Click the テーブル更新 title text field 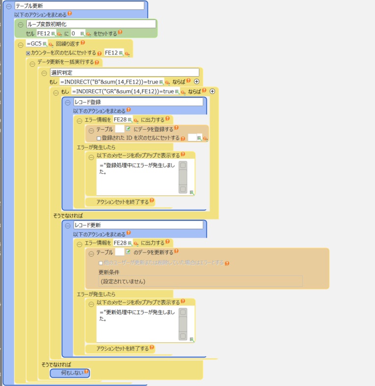[x=79, y=6]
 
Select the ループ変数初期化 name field [x=91, y=24]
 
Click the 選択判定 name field [x=125, y=72]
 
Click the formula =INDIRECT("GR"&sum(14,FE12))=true [x=123, y=91]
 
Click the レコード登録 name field [x=137, y=102]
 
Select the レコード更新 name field [x=137, y=225]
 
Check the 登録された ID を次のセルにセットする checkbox [x=99, y=138]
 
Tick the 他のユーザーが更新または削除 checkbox [x=101, y=263]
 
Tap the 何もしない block [x=70, y=373]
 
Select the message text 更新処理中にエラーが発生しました [x=137, y=315]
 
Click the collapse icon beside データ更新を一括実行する [x=31, y=63]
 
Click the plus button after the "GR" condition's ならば [x=213, y=91]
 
